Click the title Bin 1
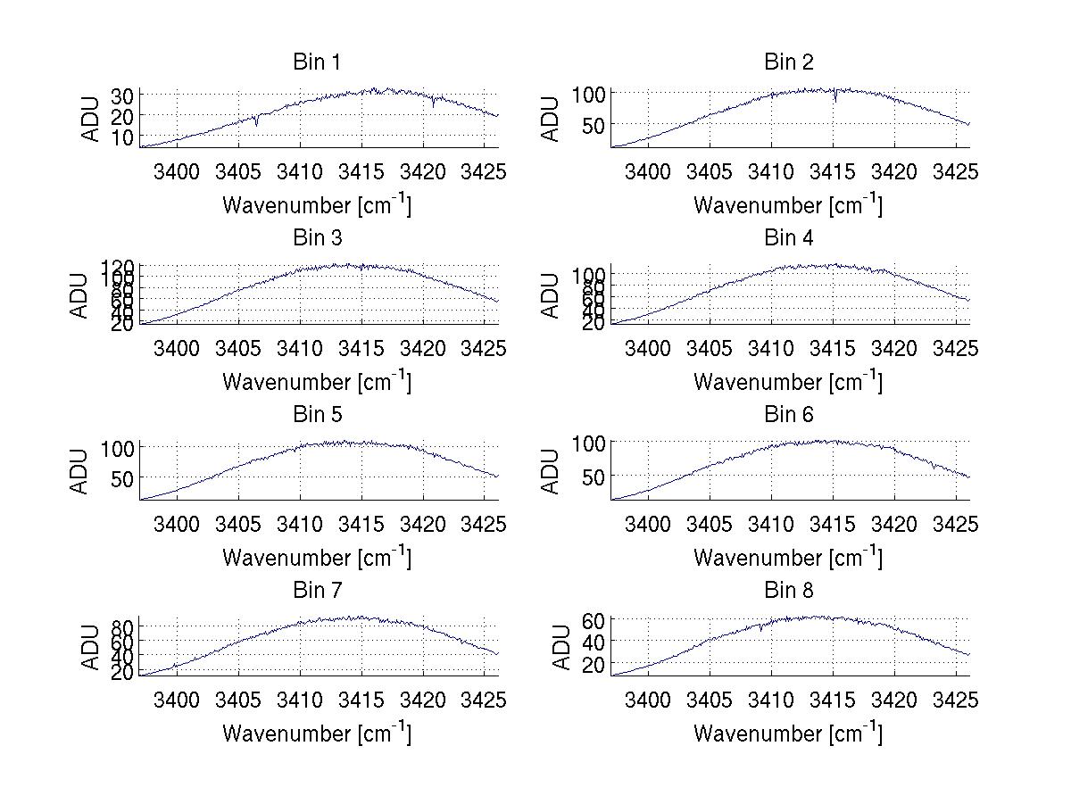tap(317, 62)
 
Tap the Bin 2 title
tap(788, 62)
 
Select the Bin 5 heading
tap(317, 415)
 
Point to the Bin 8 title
tap(788, 591)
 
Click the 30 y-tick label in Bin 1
tap(123, 95)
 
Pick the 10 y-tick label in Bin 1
tap(123, 137)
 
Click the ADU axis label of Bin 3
tap(81, 294)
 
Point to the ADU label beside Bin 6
tap(552, 470)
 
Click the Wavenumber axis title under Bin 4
tap(788, 381)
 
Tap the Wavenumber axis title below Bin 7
tap(317, 733)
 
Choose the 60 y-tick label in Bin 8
tap(594, 620)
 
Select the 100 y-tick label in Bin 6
tap(590, 443)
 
